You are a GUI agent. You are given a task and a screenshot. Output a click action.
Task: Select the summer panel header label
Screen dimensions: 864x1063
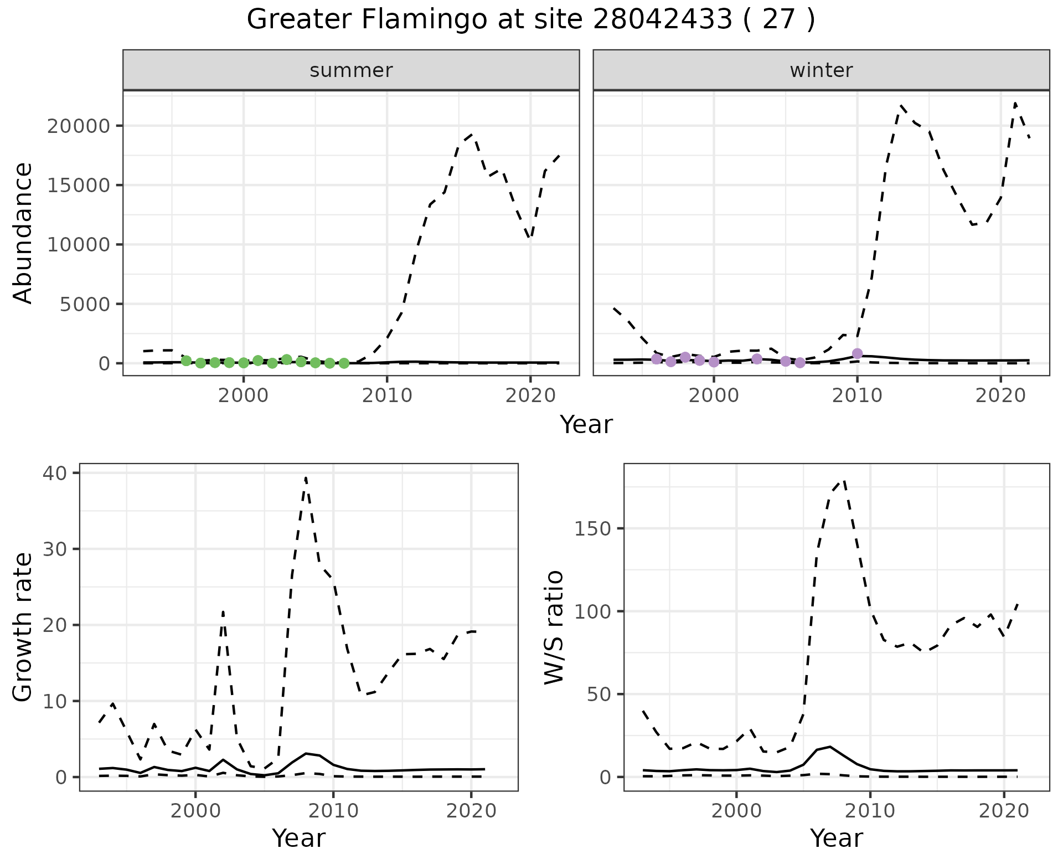tap(351, 70)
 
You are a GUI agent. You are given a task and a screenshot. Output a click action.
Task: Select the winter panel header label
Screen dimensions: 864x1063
tap(821, 70)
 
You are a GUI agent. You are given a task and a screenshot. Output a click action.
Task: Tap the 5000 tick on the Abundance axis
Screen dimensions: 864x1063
tap(86, 304)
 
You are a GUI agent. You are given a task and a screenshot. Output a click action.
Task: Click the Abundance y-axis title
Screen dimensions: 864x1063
tap(23, 233)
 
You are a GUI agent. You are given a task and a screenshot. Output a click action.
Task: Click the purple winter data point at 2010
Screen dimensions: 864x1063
tap(857, 353)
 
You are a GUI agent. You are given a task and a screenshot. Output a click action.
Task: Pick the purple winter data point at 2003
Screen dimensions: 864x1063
tap(757, 359)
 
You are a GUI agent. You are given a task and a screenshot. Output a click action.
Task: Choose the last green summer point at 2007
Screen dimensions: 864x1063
tap(344, 363)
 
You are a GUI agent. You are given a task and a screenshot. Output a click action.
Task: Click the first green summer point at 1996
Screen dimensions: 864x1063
tap(186, 361)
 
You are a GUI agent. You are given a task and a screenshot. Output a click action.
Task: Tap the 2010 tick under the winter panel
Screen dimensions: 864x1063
tap(857, 396)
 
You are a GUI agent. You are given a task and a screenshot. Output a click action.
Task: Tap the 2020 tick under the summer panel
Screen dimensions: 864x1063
tap(530, 396)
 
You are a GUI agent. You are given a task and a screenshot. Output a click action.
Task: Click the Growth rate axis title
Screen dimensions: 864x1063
tap(23, 627)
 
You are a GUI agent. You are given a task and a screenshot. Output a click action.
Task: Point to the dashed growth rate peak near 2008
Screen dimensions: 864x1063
tap(306, 477)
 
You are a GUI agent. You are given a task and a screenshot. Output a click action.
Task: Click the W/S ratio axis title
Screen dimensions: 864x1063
tap(554, 627)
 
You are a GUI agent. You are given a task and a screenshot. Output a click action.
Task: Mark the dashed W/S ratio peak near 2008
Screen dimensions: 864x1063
tap(844, 480)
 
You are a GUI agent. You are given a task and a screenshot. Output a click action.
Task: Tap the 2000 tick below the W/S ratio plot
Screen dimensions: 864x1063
tap(736, 811)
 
